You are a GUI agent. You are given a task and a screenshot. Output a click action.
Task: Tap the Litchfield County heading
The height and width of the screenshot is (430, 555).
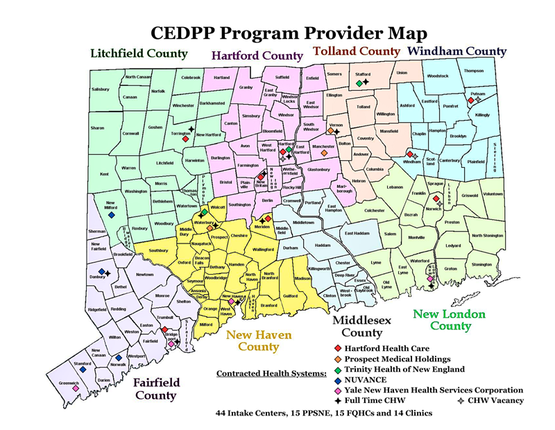click(139, 53)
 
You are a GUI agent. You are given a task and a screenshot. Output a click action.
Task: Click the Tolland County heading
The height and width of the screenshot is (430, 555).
click(357, 51)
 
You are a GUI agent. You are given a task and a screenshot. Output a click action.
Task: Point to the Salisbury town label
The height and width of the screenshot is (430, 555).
click(101, 89)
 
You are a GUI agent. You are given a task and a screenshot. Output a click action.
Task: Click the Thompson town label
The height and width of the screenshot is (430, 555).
click(474, 71)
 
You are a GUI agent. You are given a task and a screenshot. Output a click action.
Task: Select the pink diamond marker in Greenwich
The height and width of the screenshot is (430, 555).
click(75, 388)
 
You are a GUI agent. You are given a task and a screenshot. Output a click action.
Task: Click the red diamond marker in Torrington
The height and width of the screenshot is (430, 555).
click(186, 139)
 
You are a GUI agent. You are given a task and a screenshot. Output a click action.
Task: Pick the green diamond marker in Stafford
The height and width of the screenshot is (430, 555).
click(359, 83)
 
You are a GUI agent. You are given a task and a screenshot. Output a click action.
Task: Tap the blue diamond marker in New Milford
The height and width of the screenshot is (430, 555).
click(111, 214)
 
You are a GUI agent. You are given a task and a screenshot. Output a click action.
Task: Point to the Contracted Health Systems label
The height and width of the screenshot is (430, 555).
click(271, 374)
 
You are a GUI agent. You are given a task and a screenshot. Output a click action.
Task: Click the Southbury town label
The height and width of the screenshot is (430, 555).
click(158, 250)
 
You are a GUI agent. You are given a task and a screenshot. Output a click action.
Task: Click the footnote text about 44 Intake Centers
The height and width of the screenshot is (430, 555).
click(324, 413)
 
